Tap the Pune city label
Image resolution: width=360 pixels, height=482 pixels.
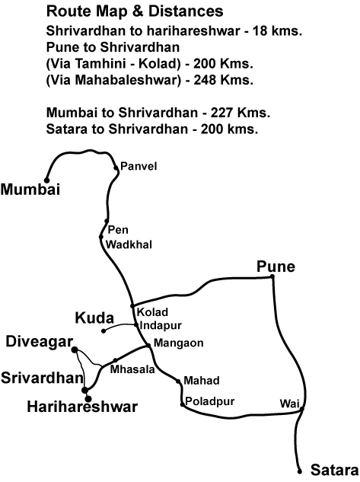[x=276, y=267]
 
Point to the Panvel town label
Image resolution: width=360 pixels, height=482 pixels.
[x=137, y=166]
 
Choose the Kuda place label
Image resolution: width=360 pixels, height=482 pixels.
[x=94, y=317]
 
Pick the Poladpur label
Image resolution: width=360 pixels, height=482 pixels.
[x=209, y=400]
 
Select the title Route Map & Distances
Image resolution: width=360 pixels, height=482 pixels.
[x=134, y=11]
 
